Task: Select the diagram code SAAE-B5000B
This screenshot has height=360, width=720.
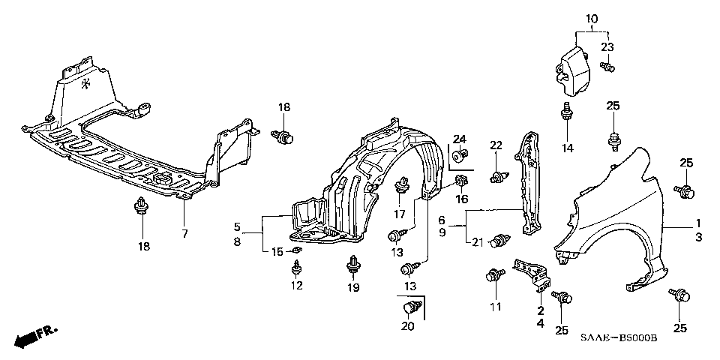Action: click(619, 338)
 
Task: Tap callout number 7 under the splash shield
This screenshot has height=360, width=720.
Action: click(184, 234)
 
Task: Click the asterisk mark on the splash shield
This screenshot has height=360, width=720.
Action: click(85, 83)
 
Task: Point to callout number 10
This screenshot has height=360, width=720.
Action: click(592, 19)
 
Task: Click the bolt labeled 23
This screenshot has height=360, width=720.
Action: click(607, 67)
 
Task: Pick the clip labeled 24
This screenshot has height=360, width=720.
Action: click(460, 156)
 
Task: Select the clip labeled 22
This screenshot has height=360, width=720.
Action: click(499, 176)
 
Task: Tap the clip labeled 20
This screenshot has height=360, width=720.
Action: click(412, 307)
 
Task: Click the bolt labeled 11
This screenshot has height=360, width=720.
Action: click(495, 275)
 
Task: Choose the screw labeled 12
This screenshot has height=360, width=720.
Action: click(297, 268)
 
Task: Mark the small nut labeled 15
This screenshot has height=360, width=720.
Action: click(296, 250)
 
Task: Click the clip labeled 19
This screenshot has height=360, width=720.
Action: click(353, 266)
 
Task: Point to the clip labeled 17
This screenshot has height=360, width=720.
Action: click(401, 185)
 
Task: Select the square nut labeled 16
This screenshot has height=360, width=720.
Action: click(461, 181)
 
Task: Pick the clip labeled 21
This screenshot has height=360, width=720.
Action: click(500, 240)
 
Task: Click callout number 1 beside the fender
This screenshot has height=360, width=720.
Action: click(698, 223)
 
